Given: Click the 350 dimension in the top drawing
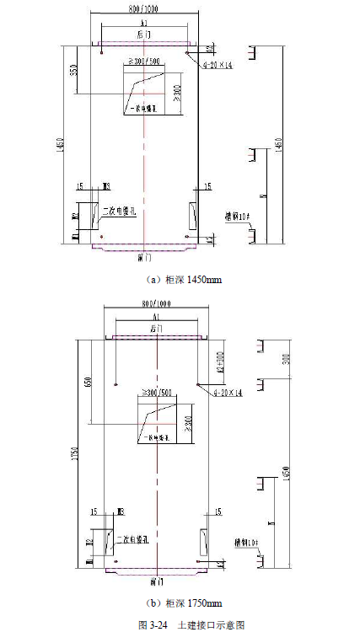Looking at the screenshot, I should [x=74, y=71].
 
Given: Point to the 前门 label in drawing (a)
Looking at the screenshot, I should [x=144, y=257].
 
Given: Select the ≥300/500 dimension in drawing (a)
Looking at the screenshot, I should [x=143, y=62].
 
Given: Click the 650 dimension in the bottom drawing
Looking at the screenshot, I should [x=87, y=383].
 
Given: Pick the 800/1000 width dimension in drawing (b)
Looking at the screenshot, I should [x=155, y=303].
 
